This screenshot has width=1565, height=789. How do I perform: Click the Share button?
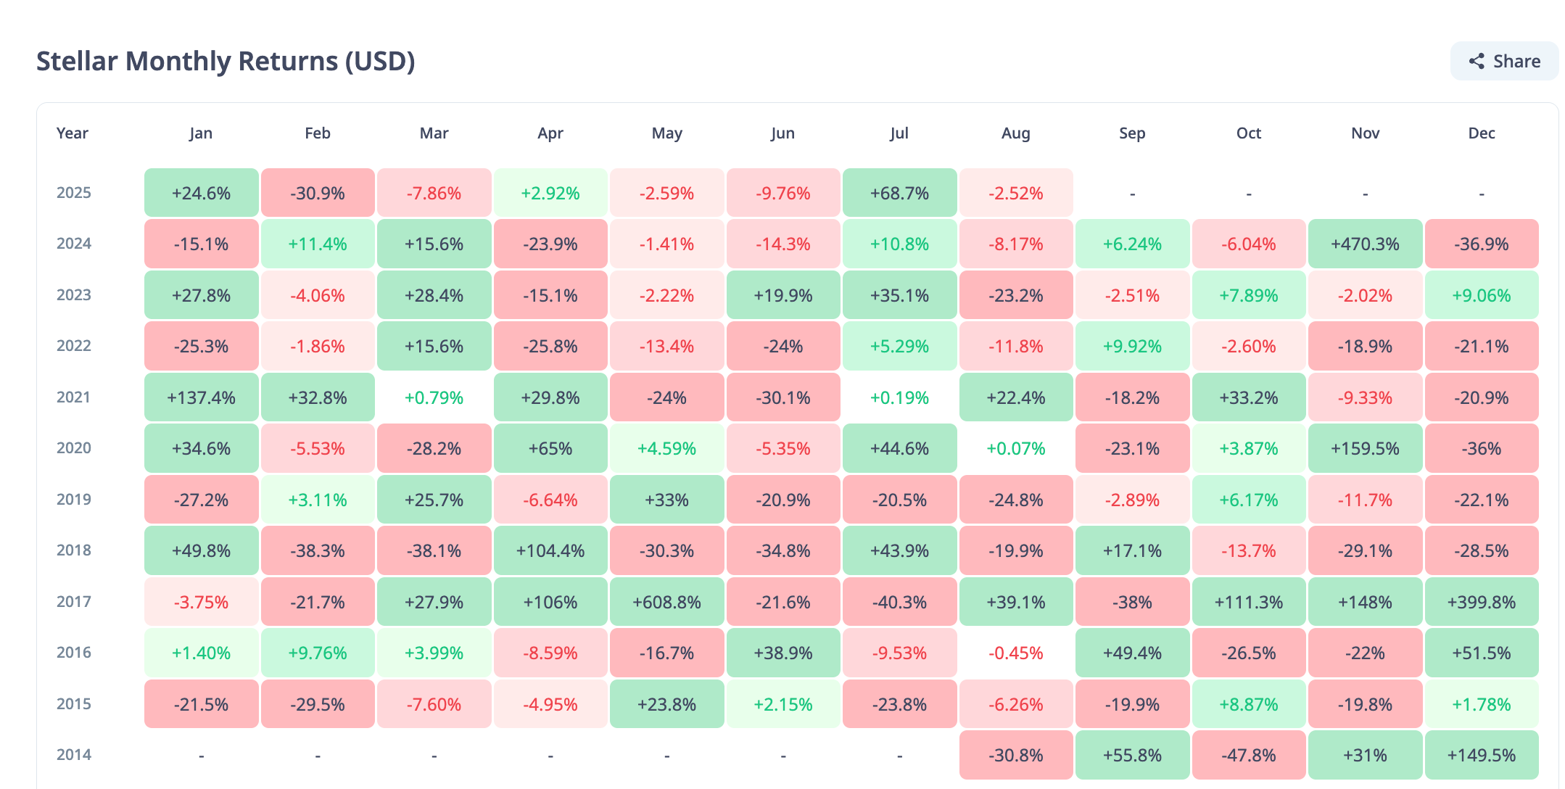tap(1504, 61)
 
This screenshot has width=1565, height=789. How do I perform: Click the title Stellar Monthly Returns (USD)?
tap(226, 61)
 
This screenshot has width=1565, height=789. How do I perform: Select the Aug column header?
tap(1015, 133)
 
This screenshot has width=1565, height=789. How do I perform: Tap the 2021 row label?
tap(74, 397)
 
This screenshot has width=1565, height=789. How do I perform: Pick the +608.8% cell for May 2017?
tap(666, 602)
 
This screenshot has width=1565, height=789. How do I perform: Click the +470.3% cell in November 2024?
tap(1365, 244)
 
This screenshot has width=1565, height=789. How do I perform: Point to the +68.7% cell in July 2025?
tap(899, 193)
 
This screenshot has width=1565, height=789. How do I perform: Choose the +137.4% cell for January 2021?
tap(201, 397)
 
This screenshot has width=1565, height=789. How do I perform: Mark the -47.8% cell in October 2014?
tap(1249, 755)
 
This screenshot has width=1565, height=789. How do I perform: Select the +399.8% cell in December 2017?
tap(1482, 602)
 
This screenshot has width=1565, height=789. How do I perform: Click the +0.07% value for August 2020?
tap(1015, 449)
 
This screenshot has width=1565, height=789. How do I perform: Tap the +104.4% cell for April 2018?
tap(550, 550)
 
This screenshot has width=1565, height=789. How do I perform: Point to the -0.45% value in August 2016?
tap(1015, 653)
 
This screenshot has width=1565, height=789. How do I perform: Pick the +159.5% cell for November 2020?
tap(1365, 448)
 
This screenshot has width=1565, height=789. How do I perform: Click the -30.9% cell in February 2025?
tap(318, 193)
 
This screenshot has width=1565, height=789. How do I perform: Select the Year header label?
tap(73, 133)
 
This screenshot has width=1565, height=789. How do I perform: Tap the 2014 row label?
tap(74, 755)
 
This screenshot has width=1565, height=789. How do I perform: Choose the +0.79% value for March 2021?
tap(434, 397)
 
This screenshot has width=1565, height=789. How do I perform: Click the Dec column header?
tap(1482, 133)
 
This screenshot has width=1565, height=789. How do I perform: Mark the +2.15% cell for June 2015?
tap(783, 703)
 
